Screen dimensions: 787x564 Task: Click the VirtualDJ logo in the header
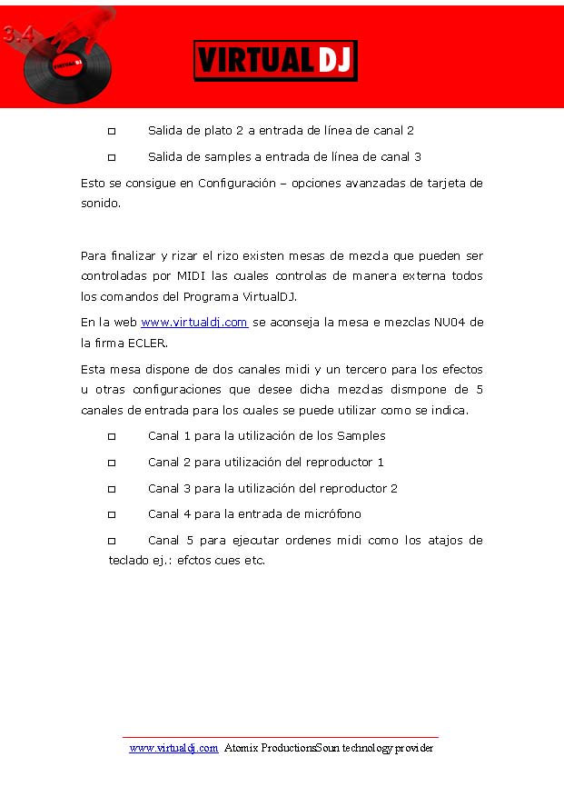[x=275, y=60]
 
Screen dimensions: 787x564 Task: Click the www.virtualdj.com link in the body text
[x=194, y=323]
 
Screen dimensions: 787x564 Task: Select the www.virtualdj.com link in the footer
[x=173, y=748]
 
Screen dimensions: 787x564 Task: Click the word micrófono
[x=332, y=514]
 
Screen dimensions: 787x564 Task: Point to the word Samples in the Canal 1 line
[x=361, y=435]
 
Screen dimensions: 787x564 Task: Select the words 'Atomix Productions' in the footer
[x=269, y=748]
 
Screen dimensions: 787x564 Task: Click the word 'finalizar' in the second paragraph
[x=130, y=254]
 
